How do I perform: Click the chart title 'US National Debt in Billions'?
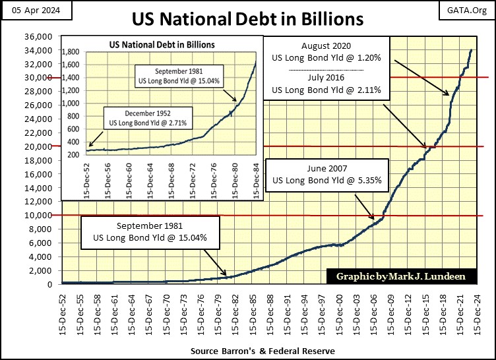[247, 18]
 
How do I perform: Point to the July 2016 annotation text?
[326, 82]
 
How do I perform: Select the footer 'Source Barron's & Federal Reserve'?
[262, 351]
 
